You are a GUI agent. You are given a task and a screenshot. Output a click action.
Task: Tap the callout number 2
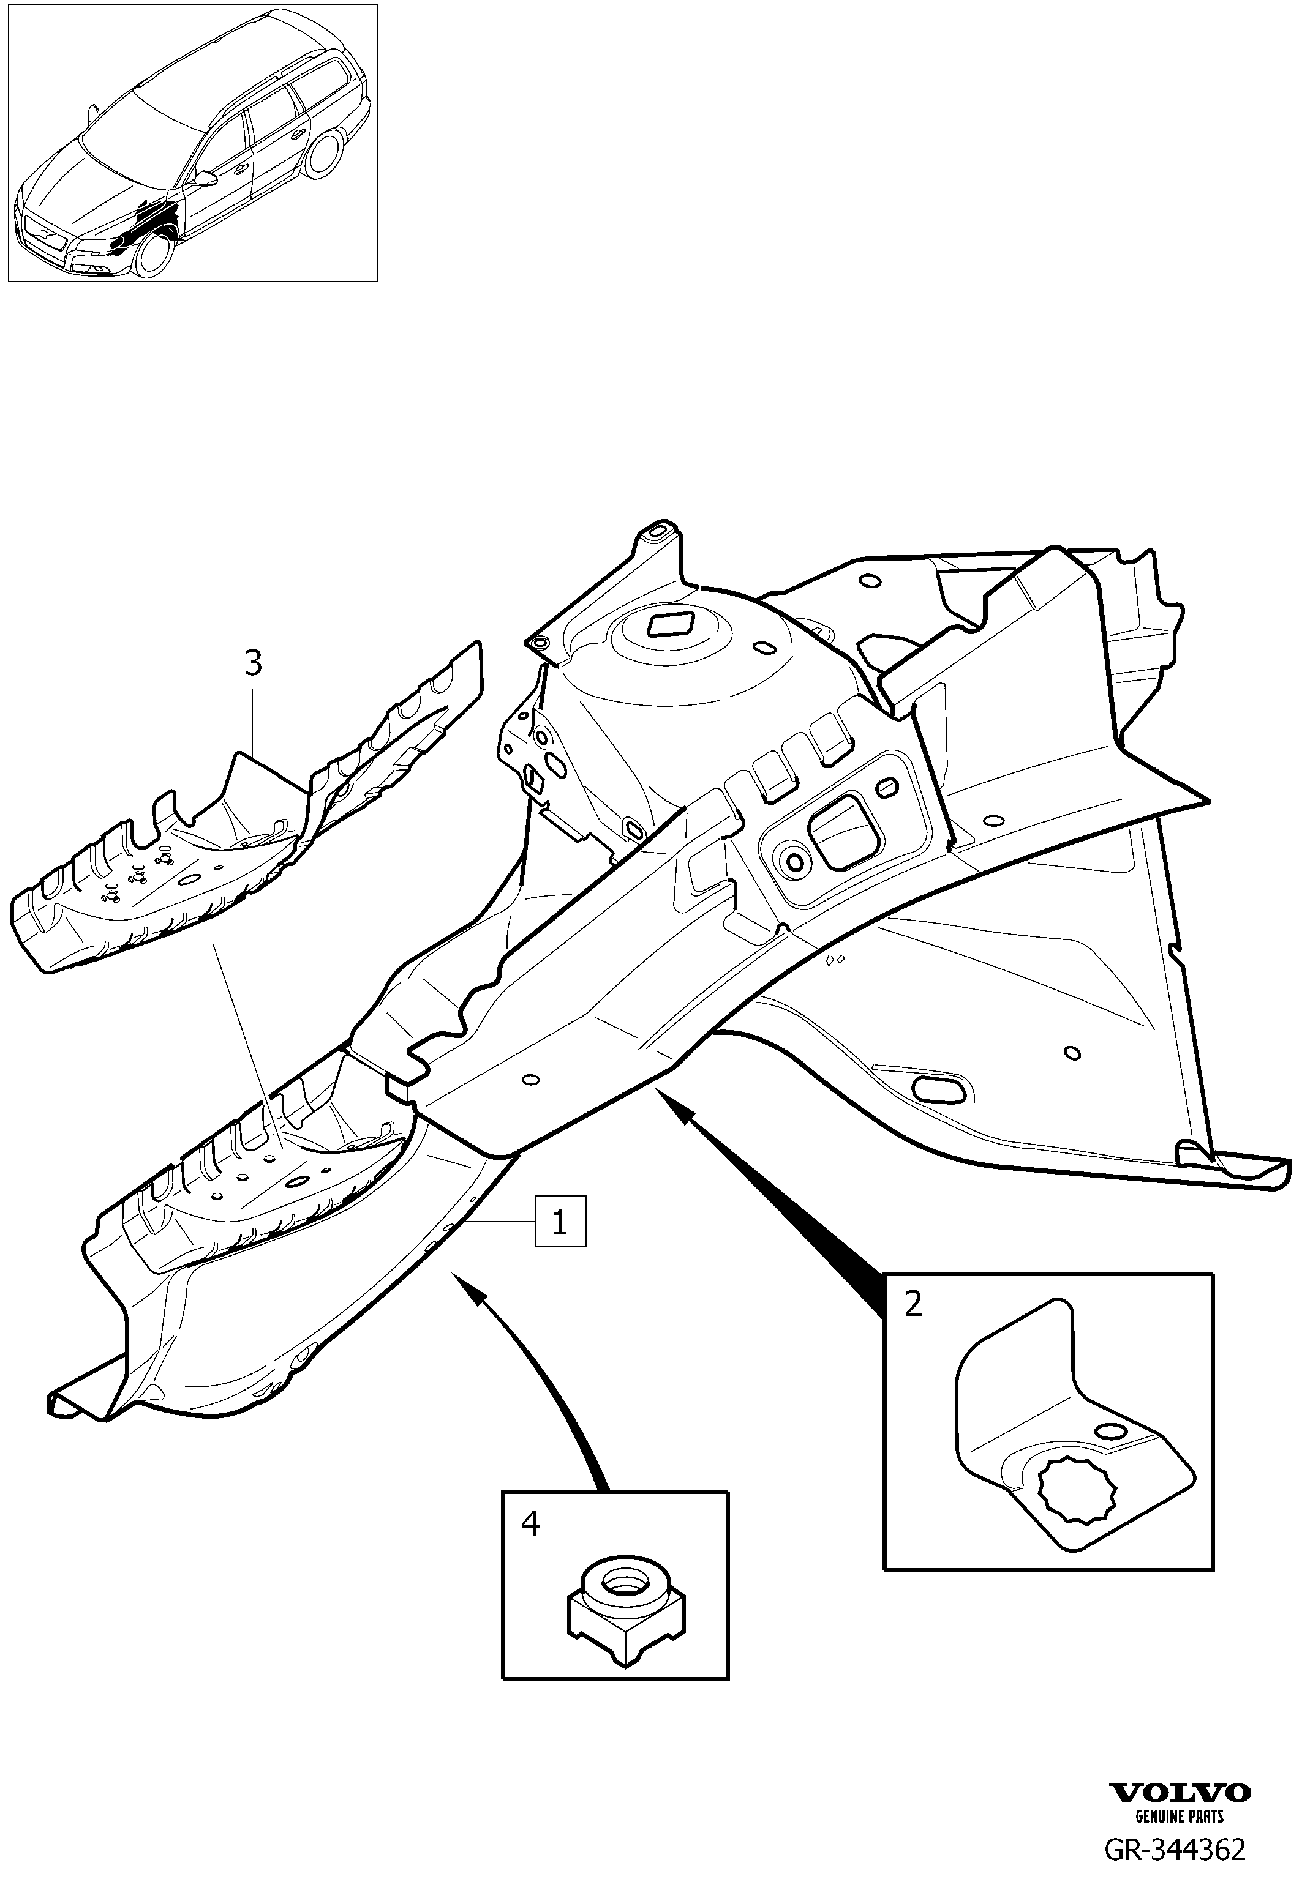[x=913, y=1304]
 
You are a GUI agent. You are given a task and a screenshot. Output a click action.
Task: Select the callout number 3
[x=254, y=663]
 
